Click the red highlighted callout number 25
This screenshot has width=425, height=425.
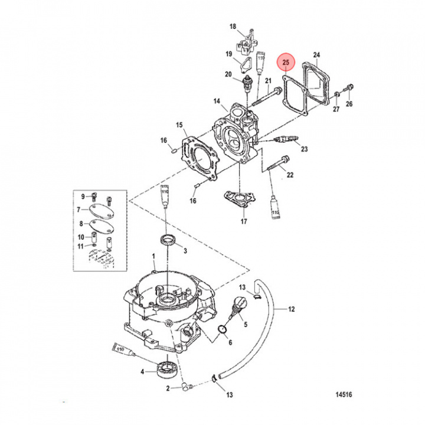coord(286,62)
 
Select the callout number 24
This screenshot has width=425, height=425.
coord(316,55)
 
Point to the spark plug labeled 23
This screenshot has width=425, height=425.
coord(282,140)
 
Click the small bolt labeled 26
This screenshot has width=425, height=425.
coord(348,89)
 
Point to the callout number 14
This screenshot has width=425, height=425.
coord(217,102)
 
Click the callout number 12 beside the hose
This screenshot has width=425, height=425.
coord(291,309)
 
